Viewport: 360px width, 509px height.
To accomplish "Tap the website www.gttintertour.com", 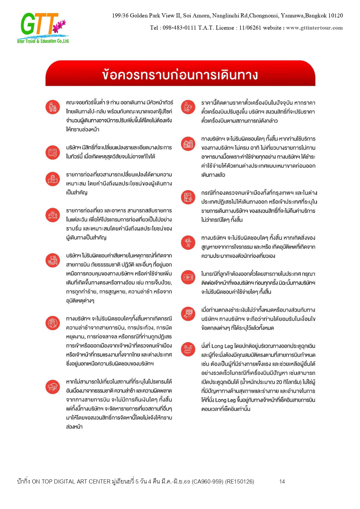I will pos(314,28).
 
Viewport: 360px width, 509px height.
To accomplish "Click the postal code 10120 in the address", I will pos(335,16).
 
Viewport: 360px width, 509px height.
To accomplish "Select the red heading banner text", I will pos(180,75).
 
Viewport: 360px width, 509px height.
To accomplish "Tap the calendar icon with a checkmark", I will pos(53,152).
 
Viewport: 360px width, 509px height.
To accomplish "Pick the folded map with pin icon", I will pos(53,179).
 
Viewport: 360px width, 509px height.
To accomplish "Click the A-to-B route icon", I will pos(53,215).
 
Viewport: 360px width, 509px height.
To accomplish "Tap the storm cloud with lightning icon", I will pos(53,386).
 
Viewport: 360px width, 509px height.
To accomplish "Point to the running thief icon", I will pos(188,242).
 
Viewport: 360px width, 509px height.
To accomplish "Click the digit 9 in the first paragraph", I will pos(108,103).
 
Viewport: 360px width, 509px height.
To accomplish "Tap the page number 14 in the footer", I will pos(282,482).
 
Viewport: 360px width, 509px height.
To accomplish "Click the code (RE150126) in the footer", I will pos(239,482).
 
